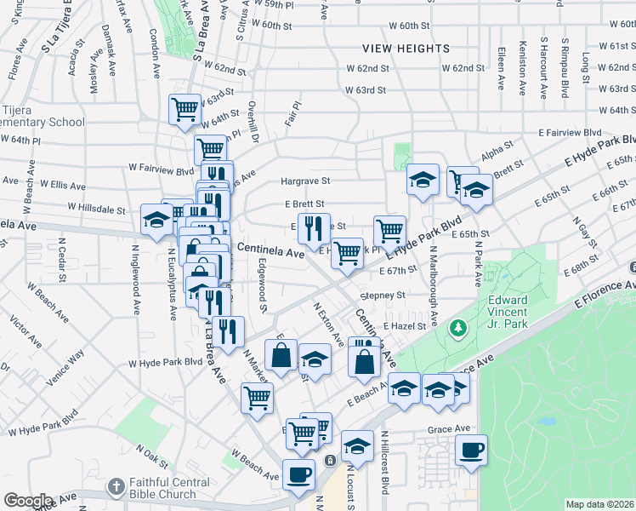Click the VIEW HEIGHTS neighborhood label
(405, 49)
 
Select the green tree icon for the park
(458, 327)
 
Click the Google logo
(27, 501)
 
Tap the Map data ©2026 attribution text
(599, 504)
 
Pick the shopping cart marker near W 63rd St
(185, 108)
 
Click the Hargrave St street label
(304, 181)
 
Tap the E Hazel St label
(403, 326)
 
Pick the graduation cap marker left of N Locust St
(357, 446)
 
